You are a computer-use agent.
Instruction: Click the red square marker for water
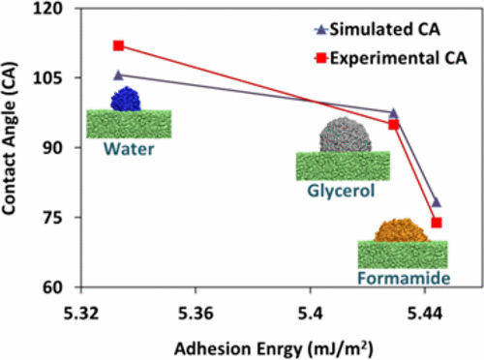pyautogui.click(x=118, y=45)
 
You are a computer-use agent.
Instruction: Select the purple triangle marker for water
pyautogui.click(x=118, y=75)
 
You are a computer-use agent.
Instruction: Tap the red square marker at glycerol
pyautogui.click(x=394, y=124)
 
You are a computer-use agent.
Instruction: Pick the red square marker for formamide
pyautogui.click(x=437, y=223)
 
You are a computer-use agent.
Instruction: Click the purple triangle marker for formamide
pyautogui.click(x=437, y=202)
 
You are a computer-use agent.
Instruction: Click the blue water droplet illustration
pyautogui.click(x=126, y=99)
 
